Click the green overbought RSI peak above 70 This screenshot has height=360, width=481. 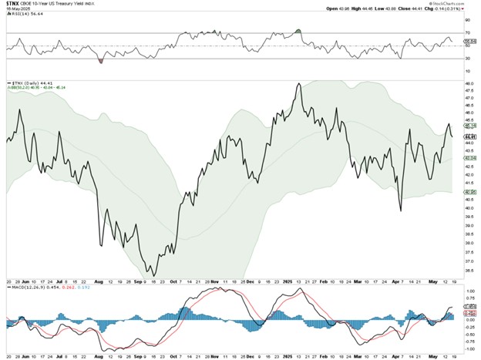pyautogui.click(x=298, y=30)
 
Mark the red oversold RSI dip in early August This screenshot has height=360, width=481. pyautogui.click(x=101, y=59)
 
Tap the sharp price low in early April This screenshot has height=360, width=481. pyautogui.click(x=401, y=210)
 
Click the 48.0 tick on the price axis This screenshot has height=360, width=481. pyautogui.click(x=468, y=82)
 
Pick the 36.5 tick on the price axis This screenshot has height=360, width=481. pyautogui.click(x=468, y=270)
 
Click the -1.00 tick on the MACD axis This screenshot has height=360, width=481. pyautogui.click(x=469, y=346)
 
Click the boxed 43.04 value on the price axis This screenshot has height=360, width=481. pyautogui.click(x=469, y=156)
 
